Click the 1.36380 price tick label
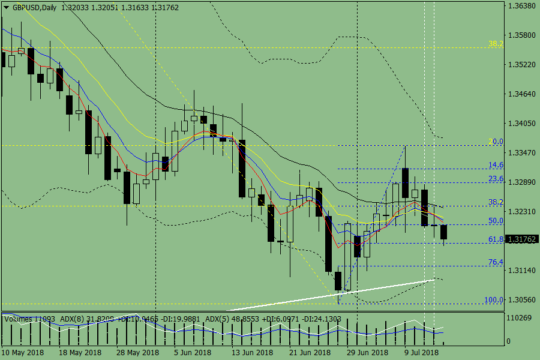point(521,6)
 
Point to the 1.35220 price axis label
point(521,64)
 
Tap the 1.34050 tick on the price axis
point(521,124)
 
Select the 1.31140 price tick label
point(521,271)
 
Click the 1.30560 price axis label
point(521,300)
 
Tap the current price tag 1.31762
point(522,239)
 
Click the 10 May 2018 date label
point(23,352)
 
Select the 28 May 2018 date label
point(137,352)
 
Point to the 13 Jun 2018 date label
point(252,352)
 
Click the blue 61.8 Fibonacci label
point(496,239)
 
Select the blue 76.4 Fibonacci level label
point(496,262)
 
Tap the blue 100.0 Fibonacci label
point(494,299)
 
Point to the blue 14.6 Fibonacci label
point(496,165)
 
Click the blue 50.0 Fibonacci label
point(496,221)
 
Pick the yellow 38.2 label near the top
point(496,44)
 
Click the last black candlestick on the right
point(444,232)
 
